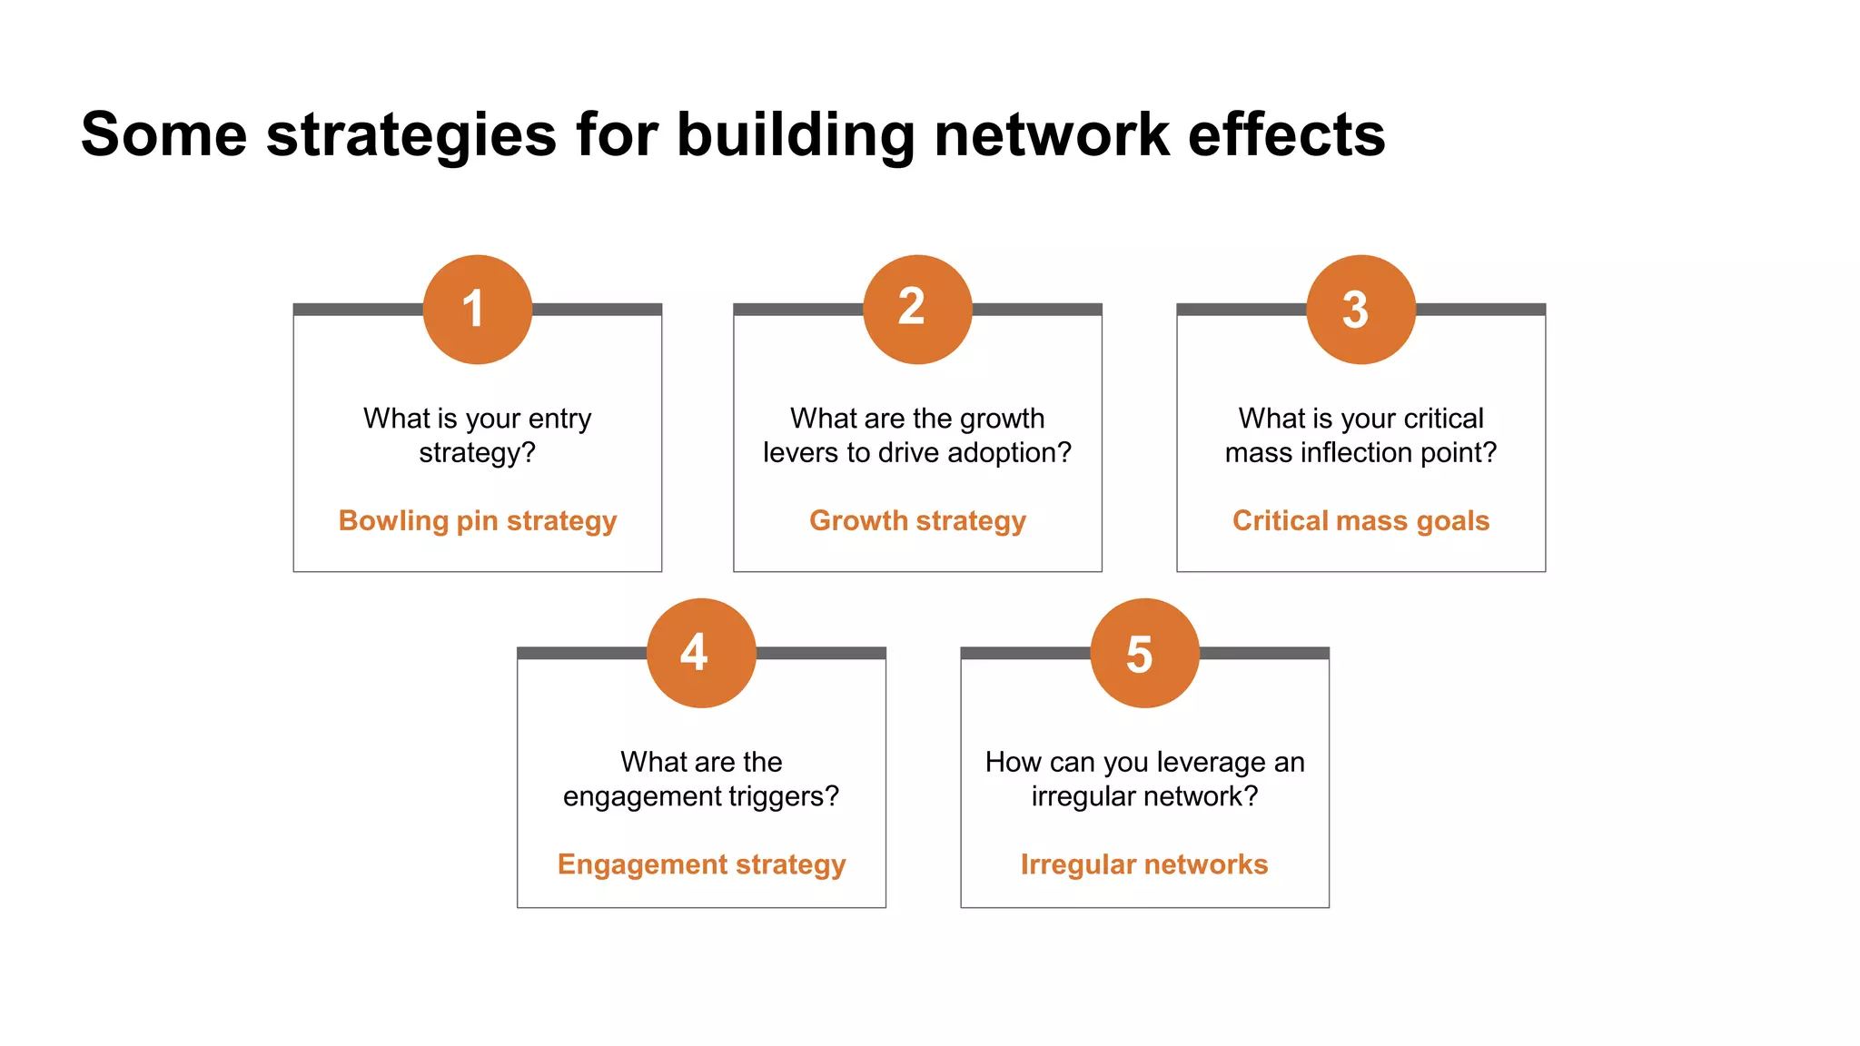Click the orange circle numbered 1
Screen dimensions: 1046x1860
[478, 310]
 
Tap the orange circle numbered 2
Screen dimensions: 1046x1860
[917, 310]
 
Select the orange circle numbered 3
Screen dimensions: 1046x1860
[1360, 310]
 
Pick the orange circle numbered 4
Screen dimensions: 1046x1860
[701, 653]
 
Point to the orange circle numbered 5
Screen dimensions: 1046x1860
[1144, 653]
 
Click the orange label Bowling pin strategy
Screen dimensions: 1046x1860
[478, 520]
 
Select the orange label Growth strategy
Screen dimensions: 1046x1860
[917, 520]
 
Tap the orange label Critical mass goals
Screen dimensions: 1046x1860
[1360, 520]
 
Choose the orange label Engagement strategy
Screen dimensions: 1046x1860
[701, 864]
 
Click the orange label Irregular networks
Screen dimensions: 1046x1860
[1144, 864]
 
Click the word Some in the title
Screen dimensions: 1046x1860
[163, 134]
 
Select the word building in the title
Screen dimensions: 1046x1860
[796, 134]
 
